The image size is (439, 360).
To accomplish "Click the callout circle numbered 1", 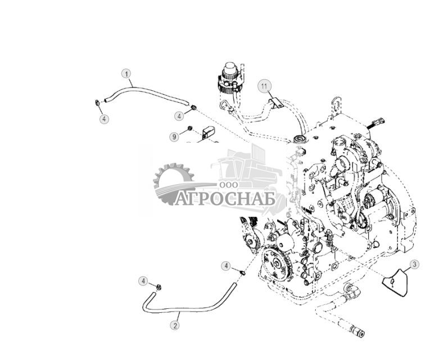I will pos(127,74).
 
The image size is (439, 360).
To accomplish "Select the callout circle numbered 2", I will pos(175,325).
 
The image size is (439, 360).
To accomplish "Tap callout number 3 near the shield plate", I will pos(414,265).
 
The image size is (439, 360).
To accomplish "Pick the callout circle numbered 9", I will pos(174,136).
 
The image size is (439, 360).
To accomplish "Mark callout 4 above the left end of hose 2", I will pos(144,280).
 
